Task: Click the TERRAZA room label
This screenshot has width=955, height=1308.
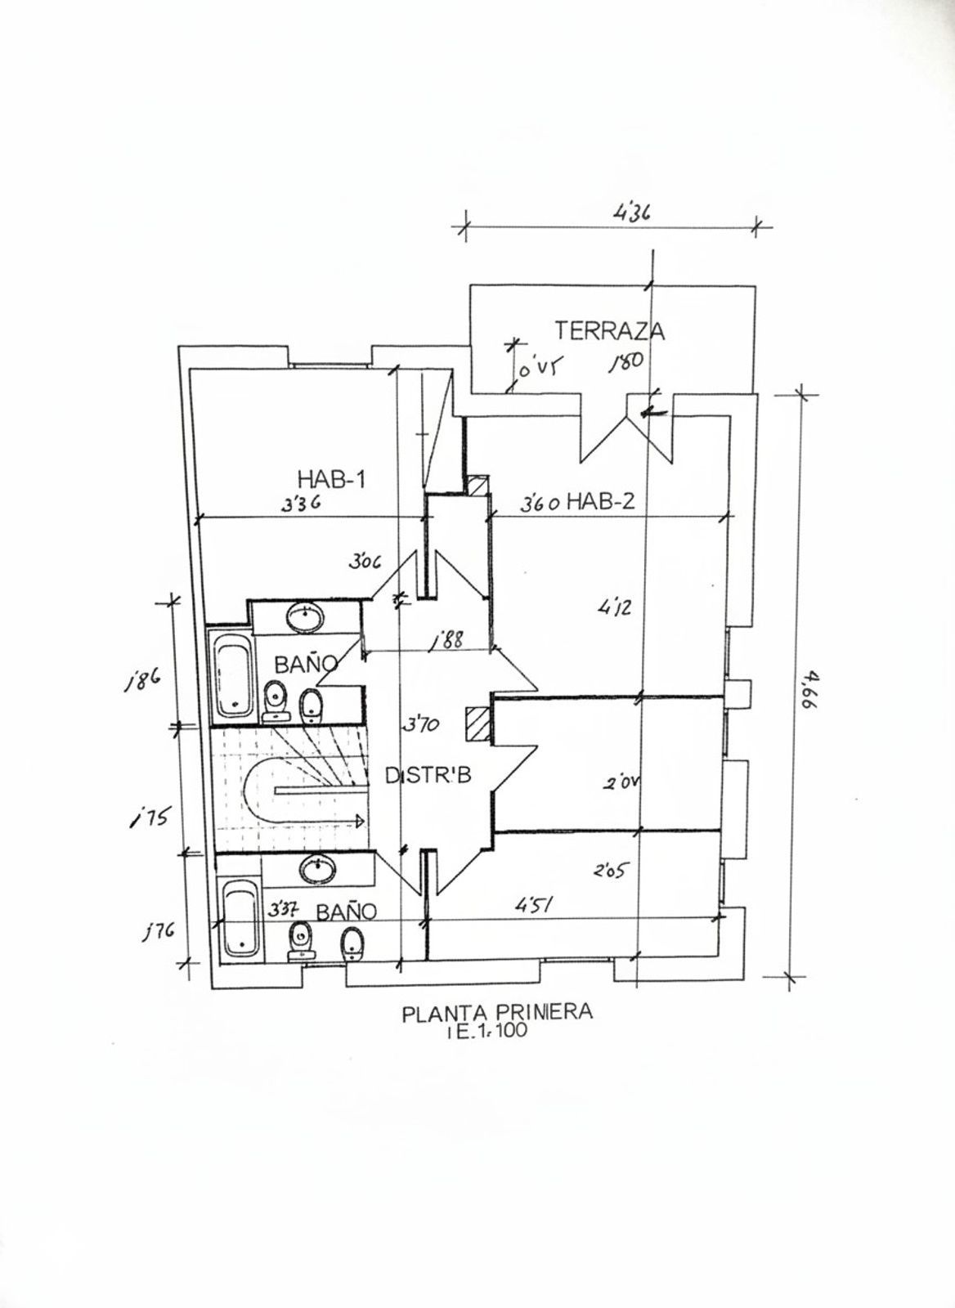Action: coord(609,331)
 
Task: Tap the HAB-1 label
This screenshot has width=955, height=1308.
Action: coord(330,480)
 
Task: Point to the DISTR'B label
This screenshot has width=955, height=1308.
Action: coord(428,777)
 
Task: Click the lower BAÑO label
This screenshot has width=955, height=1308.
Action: coord(346,911)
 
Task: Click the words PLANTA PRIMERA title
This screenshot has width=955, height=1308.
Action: coord(496,1013)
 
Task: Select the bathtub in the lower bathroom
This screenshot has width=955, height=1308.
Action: coord(241,919)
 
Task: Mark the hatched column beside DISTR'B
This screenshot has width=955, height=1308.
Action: coord(475,723)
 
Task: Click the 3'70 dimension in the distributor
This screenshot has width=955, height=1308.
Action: coord(421,723)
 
